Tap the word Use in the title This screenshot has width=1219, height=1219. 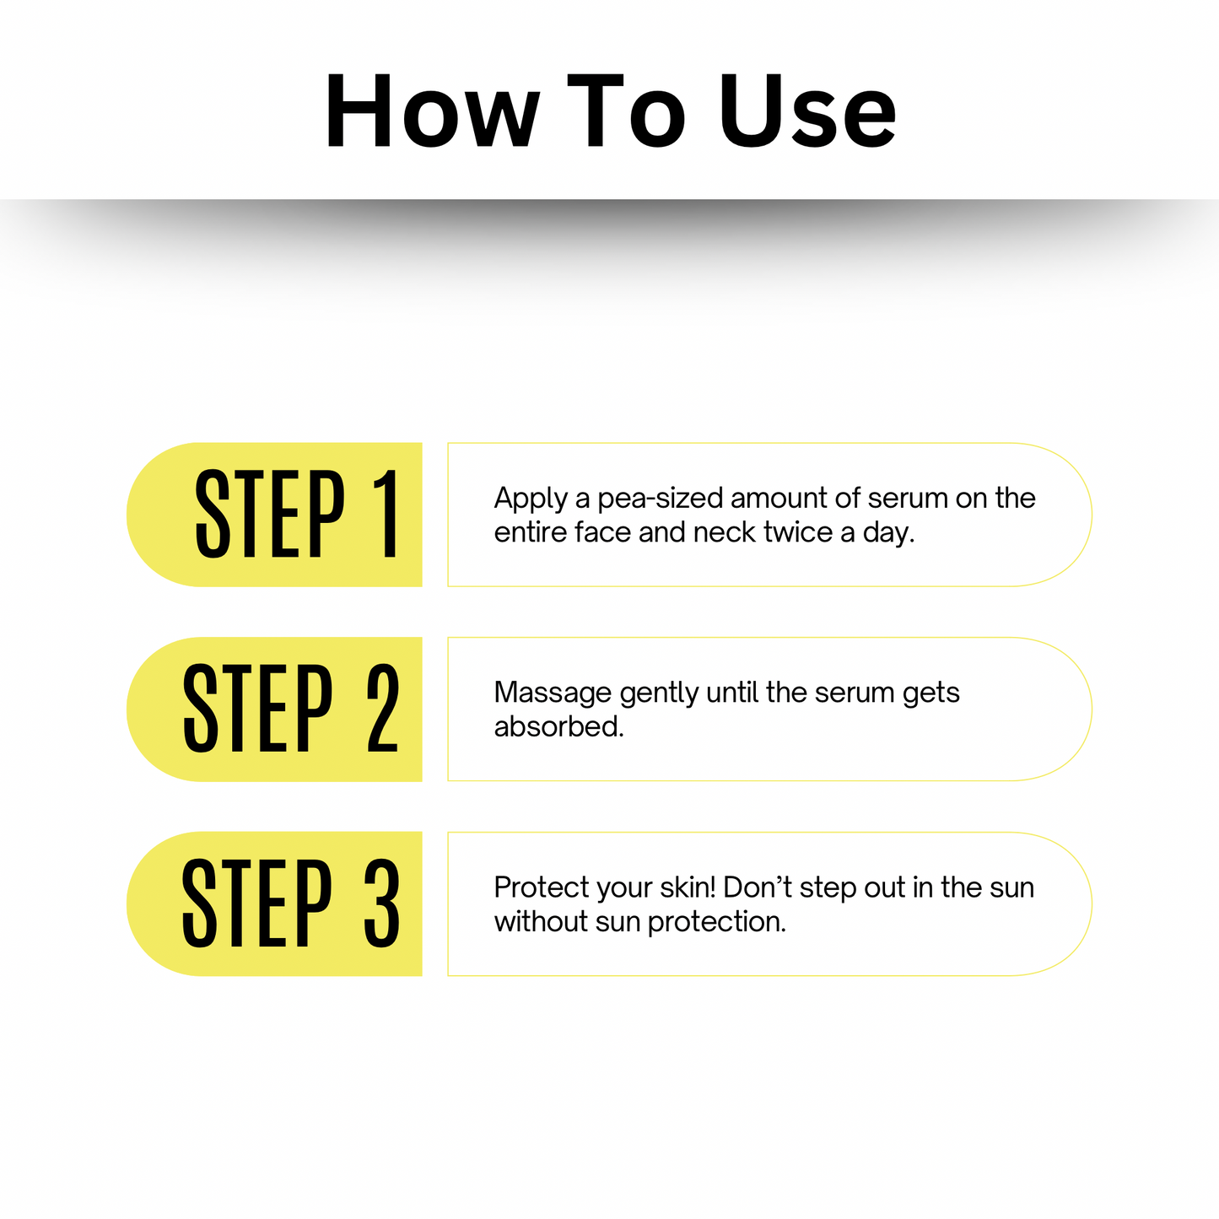[808, 110]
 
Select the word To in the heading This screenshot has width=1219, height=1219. [626, 110]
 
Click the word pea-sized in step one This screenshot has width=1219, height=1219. [660, 499]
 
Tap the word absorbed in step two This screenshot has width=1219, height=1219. [558, 726]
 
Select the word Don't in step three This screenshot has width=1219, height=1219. [758, 887]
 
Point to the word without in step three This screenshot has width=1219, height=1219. [541, 921]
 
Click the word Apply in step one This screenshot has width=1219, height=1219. [531, 499]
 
